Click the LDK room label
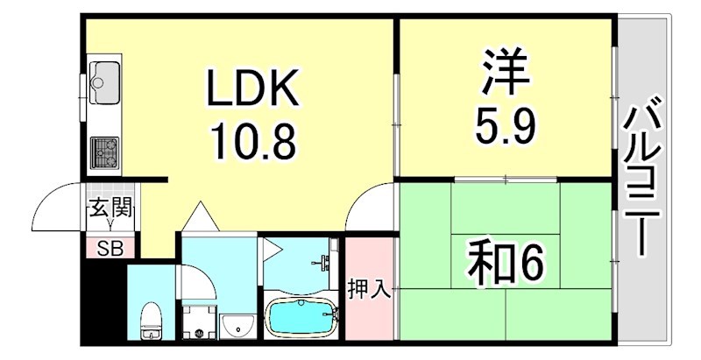254,88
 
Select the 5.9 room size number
506,127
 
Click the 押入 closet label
369,288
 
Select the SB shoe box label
110,248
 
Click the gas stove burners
104,152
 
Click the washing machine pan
200,321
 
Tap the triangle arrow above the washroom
200,215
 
